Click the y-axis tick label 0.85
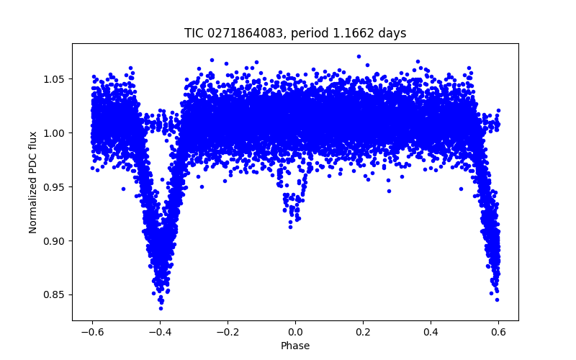point(55,294)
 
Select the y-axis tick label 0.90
point(55,240)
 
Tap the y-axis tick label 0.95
point(55,186)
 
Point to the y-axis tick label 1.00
point(55,132)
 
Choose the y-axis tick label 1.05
point(55,78)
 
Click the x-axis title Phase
point(295,346)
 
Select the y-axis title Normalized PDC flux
point(33,181)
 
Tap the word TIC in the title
point(194,33)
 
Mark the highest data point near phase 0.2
point(359,55)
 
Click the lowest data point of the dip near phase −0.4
point(161,308)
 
